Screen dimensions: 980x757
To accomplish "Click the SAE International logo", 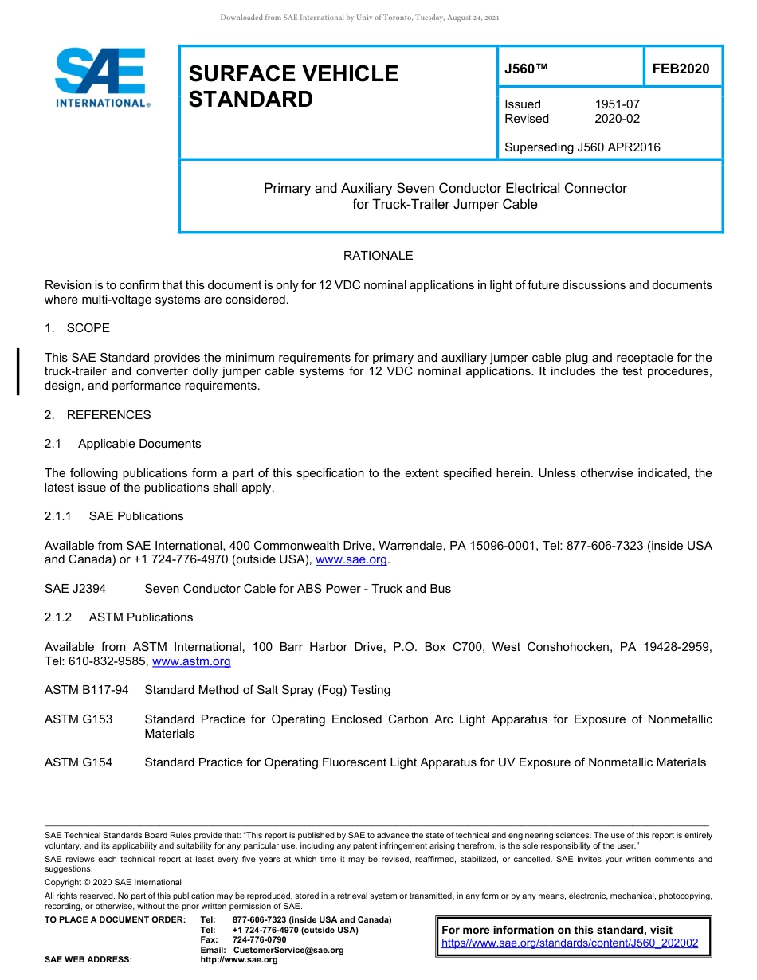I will click(x=100, y=77).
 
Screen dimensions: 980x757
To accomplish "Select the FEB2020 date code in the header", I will click(x=681, y=69).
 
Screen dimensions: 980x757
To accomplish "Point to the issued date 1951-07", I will click(x=617, y=104).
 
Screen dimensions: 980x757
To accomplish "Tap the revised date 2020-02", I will click(x=617, y=119).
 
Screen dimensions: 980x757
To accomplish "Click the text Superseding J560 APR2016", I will click(x=582, y=147).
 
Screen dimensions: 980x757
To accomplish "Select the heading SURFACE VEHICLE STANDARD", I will click(x=293, y=86).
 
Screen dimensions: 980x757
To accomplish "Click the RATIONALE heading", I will click(x=378, y=256).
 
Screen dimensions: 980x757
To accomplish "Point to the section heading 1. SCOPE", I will click(x=77, y=328).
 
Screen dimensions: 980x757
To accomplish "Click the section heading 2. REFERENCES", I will click(x=97, y=415).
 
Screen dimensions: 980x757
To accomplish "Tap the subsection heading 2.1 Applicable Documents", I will click(x=123, y=444).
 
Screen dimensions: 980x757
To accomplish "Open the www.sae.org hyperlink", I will click(x=351, y=560).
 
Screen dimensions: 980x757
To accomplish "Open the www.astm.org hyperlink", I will click(x=191, y=661).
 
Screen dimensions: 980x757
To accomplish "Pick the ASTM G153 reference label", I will click(x=78, y=719).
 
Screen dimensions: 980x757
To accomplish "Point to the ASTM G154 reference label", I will click(x=78, y=762).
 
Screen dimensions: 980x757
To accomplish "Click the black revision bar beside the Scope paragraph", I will click(x=18, y=371).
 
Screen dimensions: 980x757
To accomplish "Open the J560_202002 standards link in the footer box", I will click(x=570, y=943).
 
